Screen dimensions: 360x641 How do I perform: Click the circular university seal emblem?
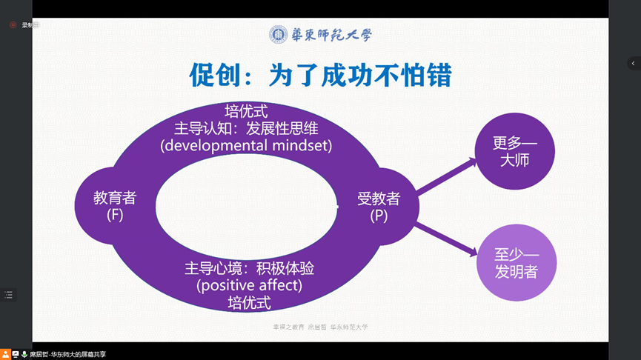278,34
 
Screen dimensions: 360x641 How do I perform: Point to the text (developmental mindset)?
246,145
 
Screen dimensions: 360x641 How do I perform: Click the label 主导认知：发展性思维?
246,127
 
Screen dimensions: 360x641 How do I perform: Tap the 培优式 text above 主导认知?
246,110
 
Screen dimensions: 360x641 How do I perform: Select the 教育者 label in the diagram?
114,198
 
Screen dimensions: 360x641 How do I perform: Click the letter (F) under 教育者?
115,215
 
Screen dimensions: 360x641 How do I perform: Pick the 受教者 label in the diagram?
379,198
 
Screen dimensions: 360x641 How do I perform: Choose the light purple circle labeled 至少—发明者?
516,262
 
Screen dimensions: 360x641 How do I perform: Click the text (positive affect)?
249,284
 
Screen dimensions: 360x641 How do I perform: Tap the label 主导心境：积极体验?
249,267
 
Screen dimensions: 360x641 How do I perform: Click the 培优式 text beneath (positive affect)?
249,302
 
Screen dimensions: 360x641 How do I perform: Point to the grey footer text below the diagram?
320,327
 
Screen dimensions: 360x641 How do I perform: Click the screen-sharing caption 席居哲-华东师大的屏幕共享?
67,355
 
